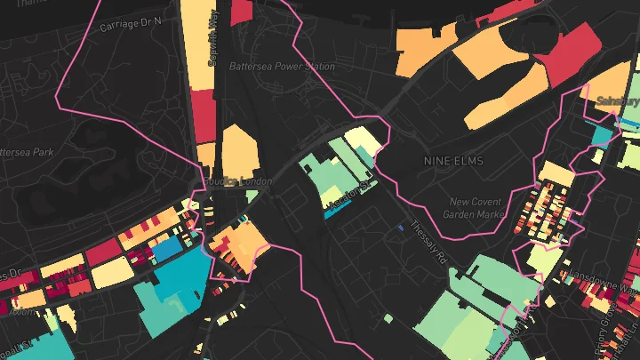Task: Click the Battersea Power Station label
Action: pos(293,67)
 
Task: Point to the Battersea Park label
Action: pos(27,152)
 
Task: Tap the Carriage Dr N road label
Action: pos(131,20)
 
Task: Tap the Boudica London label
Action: pos(236,181)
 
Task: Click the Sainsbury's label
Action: pos(617,100)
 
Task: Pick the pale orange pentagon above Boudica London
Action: pos(239,150)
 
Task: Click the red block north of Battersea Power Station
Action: pos(241,11)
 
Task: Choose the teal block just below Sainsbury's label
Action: pos(603,135)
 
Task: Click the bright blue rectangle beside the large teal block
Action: pos(165,251)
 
